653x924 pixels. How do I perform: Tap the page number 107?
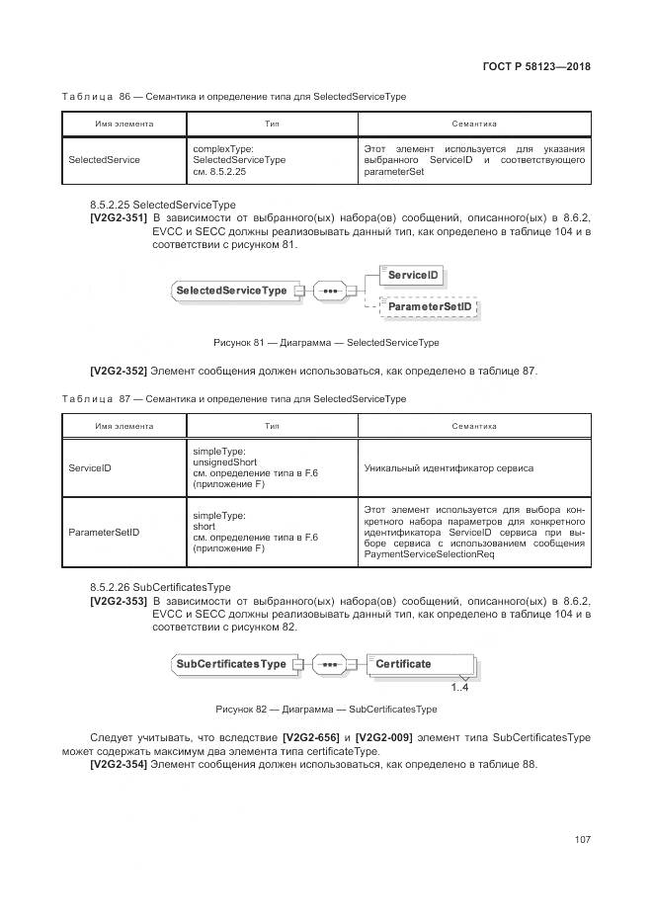click(x=582, y=840)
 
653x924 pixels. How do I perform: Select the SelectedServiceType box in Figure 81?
click(x=230, y=291)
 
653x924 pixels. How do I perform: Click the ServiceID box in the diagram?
click(x=413, y=274)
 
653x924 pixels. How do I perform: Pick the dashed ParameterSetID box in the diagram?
click(x=429, y=308)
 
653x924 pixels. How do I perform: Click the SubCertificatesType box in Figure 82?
click(x=230, y=664)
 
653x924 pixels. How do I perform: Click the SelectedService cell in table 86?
click(x=104, y=160)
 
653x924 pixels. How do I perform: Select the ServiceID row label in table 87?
click(x=89, y=468)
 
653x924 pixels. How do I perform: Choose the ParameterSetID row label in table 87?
click(x=104, y=532)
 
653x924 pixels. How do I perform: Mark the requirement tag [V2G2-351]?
click(x=118, y=216)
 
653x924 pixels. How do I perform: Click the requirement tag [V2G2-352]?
click(x=118, y=371)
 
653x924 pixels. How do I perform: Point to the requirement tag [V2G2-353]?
click(x=118, y=601)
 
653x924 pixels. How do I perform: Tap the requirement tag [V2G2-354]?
click(x=118, y=764)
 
